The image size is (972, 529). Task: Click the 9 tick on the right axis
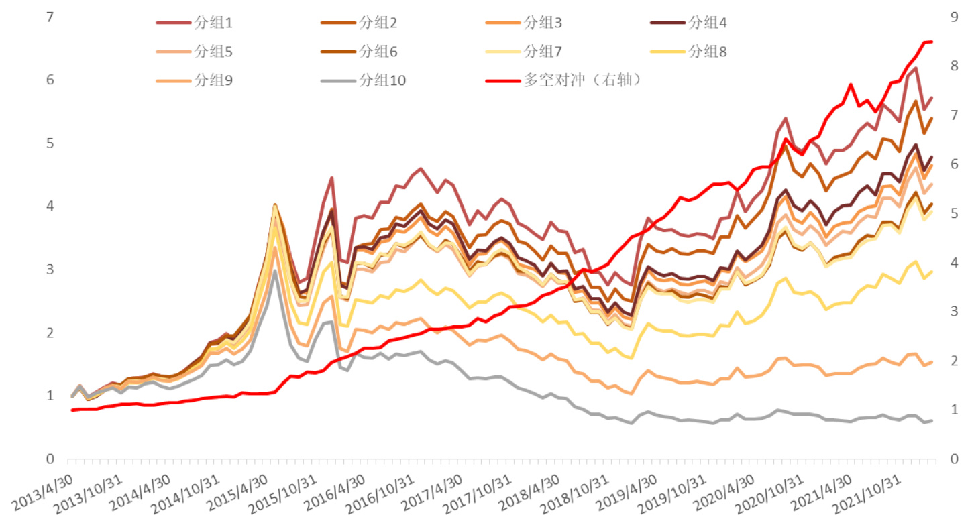tap(953, 17)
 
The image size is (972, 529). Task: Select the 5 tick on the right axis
tap(953, 213)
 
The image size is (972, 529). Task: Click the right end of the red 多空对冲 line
tap(932, 42)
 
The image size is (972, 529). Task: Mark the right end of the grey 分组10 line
tap(932, 420)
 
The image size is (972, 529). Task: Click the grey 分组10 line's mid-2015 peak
tap(275, 270)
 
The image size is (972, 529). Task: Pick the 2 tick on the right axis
tap(953, 361)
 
